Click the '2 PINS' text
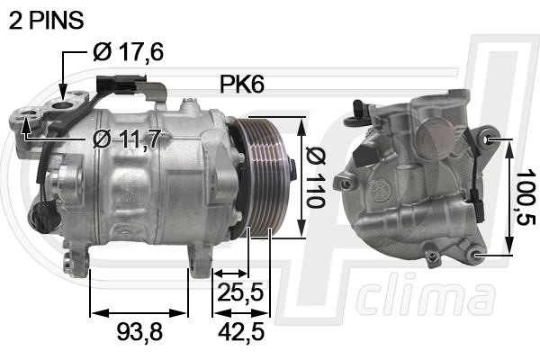click(46, 20)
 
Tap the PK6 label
click(242, 84)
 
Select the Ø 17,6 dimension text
click(128, 52)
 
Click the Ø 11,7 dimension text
click(127, 138)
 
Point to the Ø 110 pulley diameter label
click(316, 177)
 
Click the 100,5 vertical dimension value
click(526, 197)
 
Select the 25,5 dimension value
click(240, 292)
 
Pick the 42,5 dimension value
click(241, 331)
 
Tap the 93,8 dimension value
click(139, 331)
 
